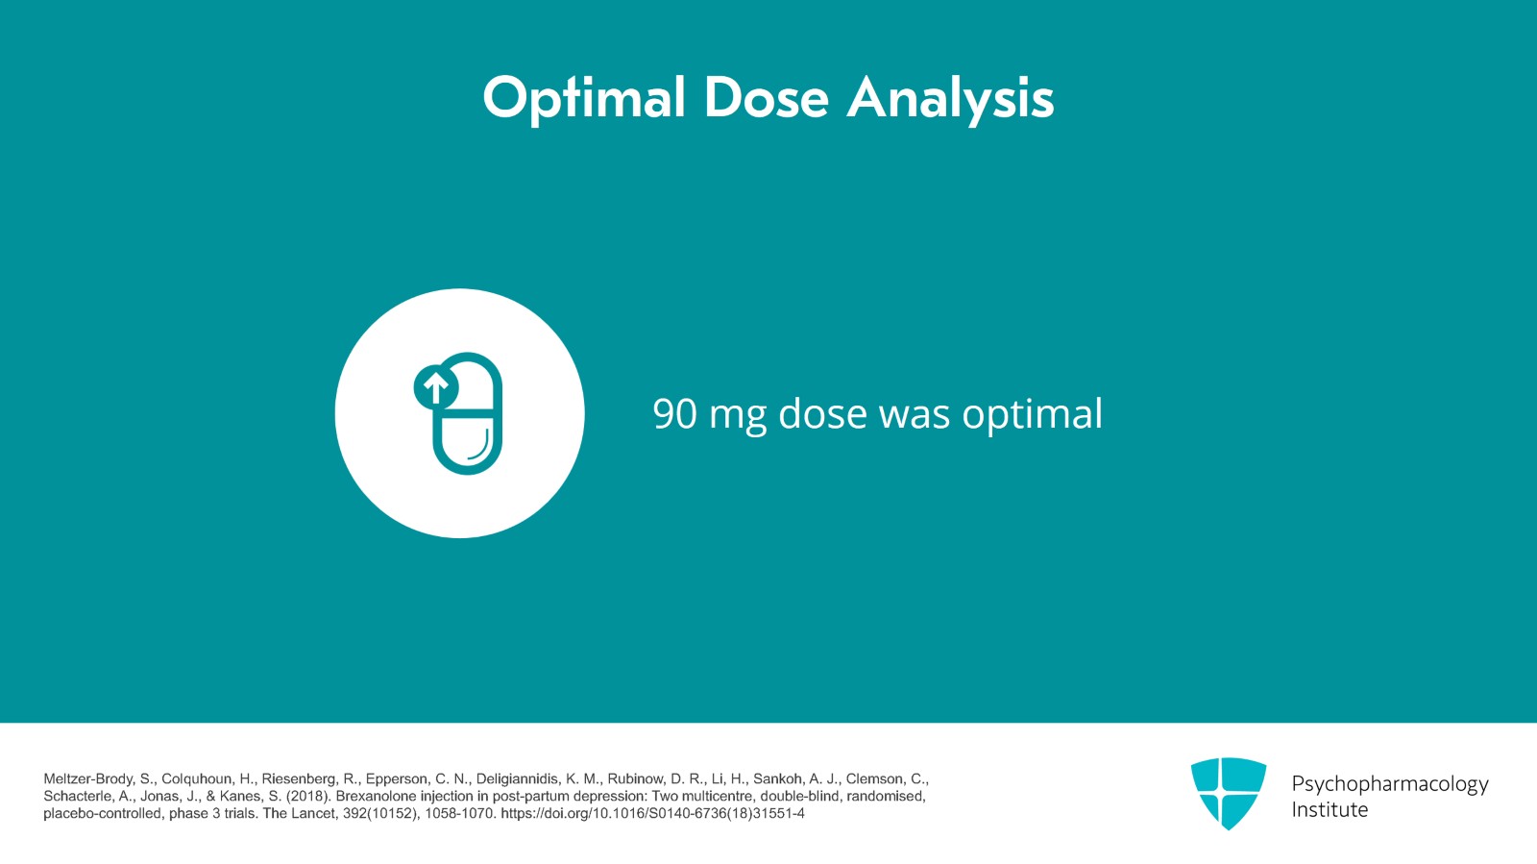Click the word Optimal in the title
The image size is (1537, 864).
tap(584, 99)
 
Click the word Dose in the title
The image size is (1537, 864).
tap(767, 97)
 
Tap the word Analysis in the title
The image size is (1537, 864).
tap(951, 100)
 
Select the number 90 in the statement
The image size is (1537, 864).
tap(674, 414)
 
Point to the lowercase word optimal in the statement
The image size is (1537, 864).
tap(1032, 414)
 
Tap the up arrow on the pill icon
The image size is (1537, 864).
tap(435, 388)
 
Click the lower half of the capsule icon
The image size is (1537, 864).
tap(467, 443)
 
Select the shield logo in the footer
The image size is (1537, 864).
tap(1229, 793)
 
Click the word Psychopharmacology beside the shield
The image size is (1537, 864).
tap(1390, 784)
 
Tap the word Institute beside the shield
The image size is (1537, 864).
tap(1330, 810)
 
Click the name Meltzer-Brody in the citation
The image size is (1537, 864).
tap(87, 778)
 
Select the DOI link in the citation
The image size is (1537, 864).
tap(652, 813)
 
